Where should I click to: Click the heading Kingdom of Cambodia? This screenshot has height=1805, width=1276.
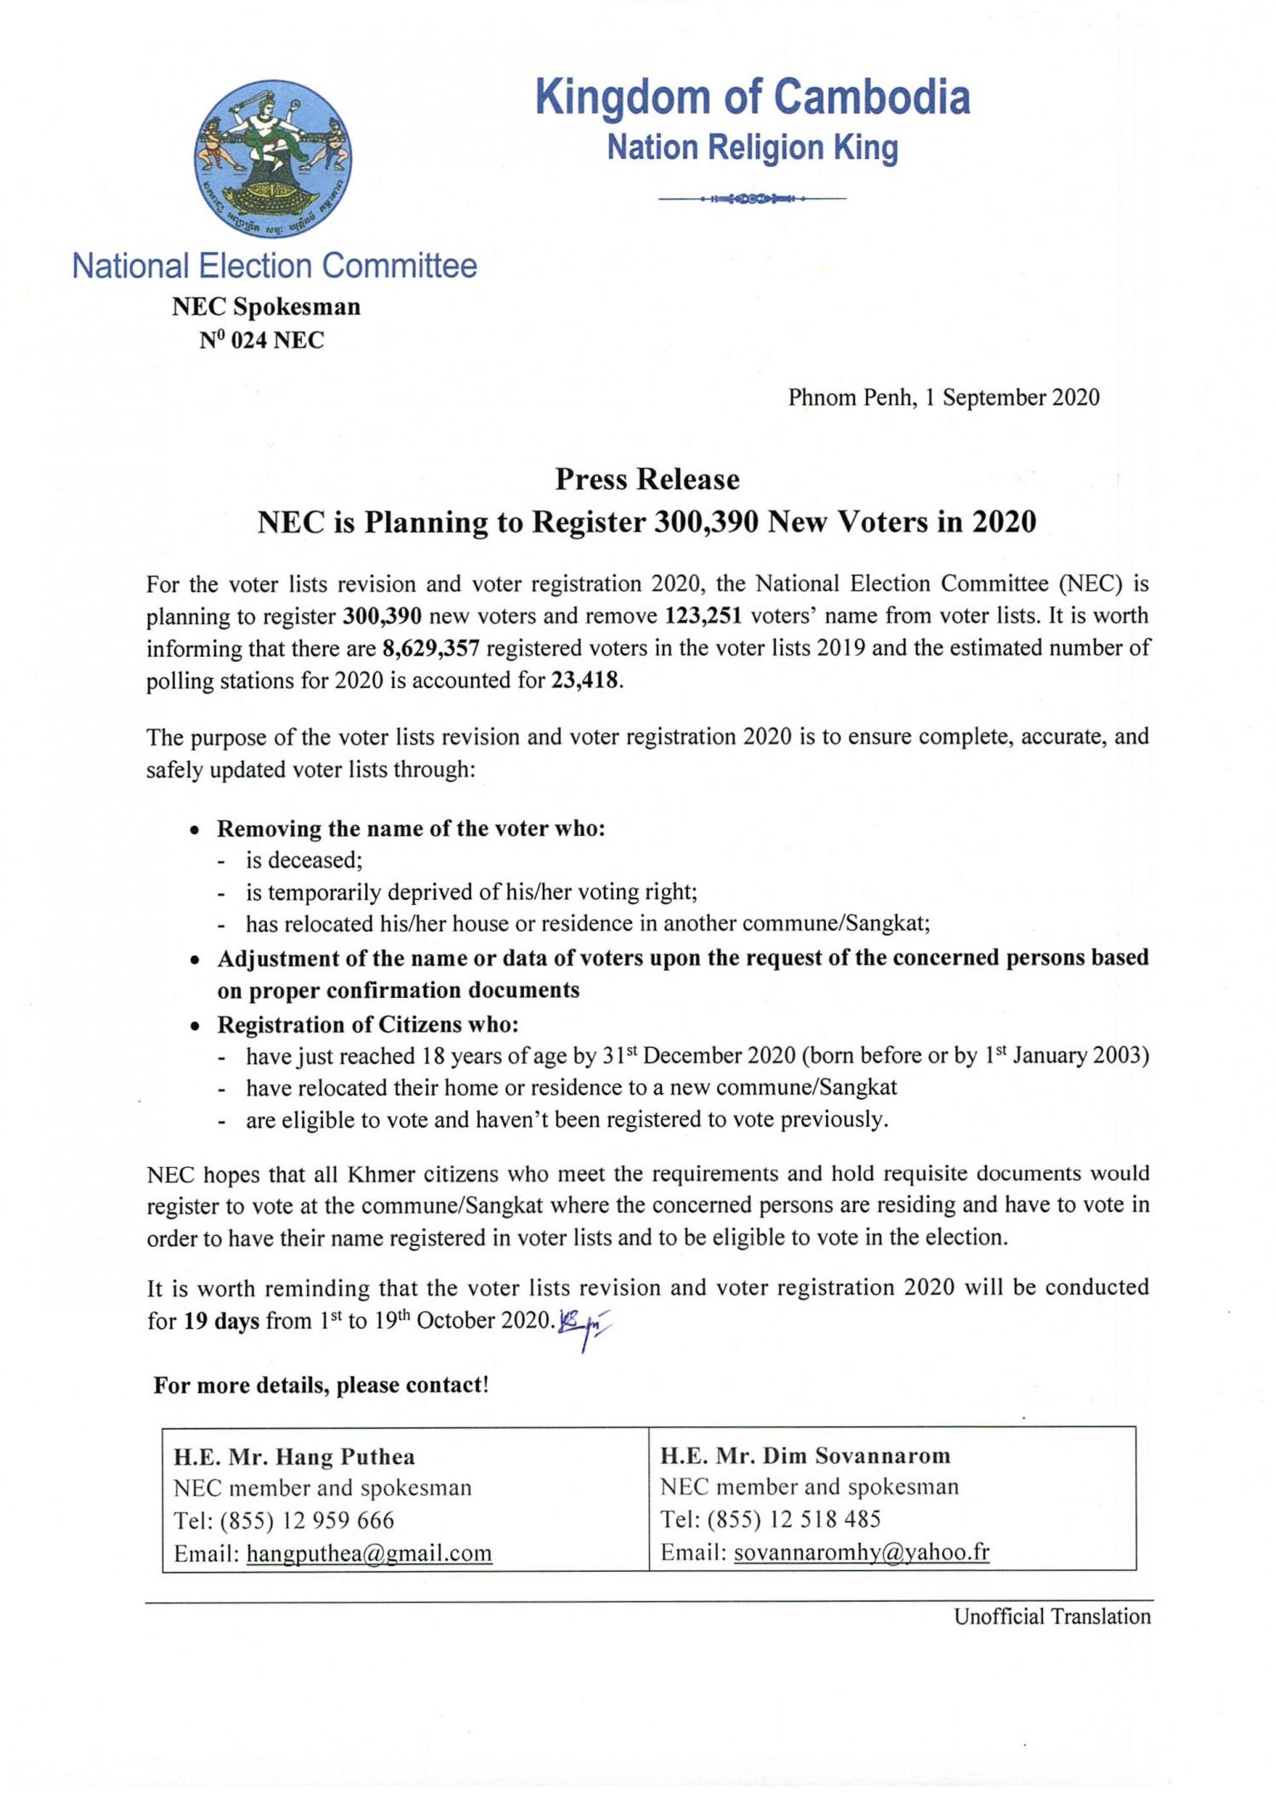point(752,97)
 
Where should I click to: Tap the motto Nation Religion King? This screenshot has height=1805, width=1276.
point(752,148)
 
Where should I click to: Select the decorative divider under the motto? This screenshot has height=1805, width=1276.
point(752,199)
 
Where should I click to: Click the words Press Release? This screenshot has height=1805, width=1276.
point(647,480)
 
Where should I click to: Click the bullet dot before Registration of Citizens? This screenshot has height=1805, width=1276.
point(197,1027)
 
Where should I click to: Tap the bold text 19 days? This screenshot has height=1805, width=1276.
point(221,1321)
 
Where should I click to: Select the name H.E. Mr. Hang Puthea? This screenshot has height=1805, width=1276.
point(294,1458)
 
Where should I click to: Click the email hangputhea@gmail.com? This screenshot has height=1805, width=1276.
point(369,1554)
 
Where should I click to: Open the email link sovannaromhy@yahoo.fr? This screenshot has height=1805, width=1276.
point(861,1552)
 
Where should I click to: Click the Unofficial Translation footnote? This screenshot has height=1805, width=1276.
point(1051,1617)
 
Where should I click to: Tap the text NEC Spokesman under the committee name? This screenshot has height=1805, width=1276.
point(266,307)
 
